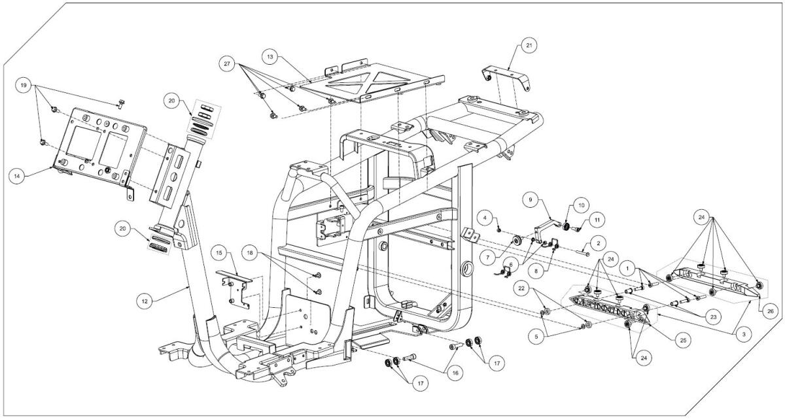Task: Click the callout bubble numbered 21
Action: coord(529,45)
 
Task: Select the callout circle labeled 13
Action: coord(270,57)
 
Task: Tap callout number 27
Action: coord(227,63)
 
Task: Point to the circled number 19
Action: coord(24,86)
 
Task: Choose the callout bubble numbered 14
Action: coord(17,176)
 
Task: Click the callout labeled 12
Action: coord(145,301)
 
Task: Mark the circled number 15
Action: coord(219,253)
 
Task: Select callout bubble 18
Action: coord(250,253)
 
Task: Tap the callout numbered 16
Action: coord(455,373)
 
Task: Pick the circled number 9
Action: coord(531,199)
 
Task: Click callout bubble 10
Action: coord(582,205)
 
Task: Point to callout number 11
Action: coord(597,220)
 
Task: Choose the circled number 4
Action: coord(485,218)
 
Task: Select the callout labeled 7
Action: coord(487,258)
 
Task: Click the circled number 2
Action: coord(598,243)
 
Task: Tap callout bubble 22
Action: coord(521,288)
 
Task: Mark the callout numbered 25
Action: coord(683,340)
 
